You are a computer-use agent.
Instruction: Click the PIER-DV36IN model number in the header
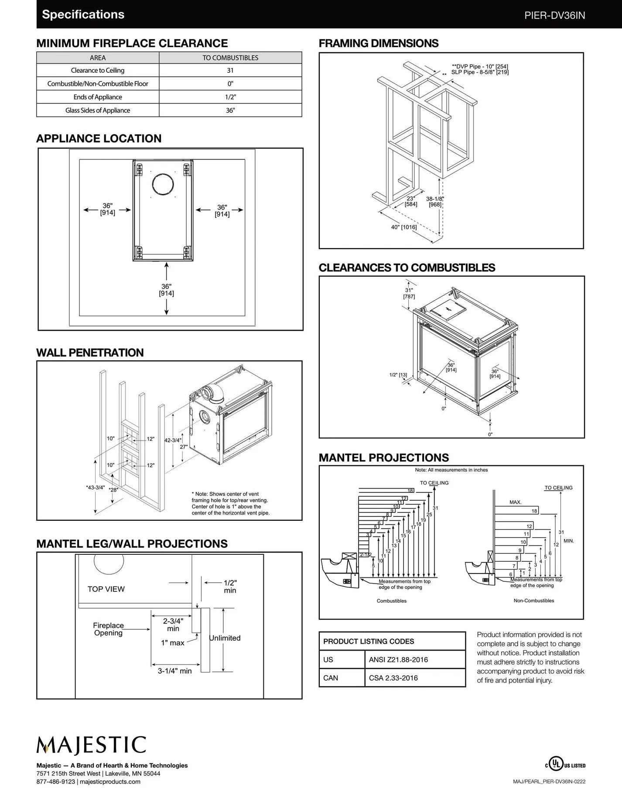click(554, 16)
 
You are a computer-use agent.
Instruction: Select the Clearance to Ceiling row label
click(97, 71)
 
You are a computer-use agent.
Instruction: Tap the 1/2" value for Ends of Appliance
click(230, 97)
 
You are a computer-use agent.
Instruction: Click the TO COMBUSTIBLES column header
click(230, 58)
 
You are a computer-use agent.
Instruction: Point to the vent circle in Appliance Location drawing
click(163, 184)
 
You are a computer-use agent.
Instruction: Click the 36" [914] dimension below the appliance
click(167, 290)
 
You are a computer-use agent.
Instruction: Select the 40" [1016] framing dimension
click(404, 227)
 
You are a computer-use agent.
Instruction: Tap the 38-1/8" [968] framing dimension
click(435, 201)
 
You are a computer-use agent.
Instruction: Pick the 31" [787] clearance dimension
click(409, 293)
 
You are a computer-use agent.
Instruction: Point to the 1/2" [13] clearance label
click(398, 375)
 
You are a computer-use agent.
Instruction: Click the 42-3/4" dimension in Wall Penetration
click(173, 440)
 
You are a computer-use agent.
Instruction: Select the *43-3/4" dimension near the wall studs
click(96, 487)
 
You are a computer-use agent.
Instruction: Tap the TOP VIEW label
click(106, 589)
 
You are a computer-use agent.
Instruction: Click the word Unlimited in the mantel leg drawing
click(225, 638)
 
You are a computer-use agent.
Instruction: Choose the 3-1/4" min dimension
click(174, 671)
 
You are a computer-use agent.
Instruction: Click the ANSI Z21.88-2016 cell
click(398, 660)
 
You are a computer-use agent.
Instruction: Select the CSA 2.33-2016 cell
click(393, 678)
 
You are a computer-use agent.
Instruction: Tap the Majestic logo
click(91, 745)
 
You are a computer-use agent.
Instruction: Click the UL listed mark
click(565, 765)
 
